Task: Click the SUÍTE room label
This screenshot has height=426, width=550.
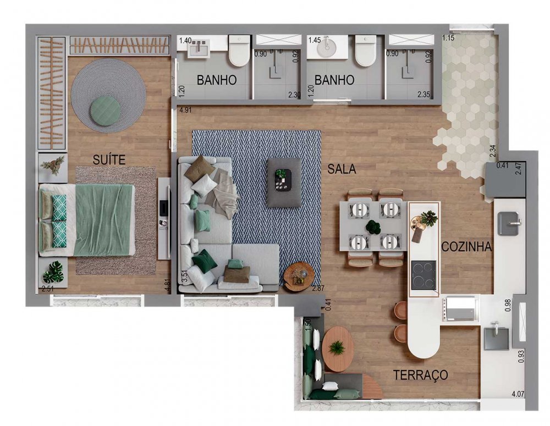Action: pyautogui.click(x=109, y=159)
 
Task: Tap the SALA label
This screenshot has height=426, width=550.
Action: pyautogui.click(x=342, y=169)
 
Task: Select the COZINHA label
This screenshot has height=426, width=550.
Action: pyautogui.click(x=466, y=246)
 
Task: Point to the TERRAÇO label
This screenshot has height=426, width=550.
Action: pyautogui.click(x=420, y=375)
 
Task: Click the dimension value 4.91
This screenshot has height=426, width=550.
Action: pyautogui.click(x=186, y=110)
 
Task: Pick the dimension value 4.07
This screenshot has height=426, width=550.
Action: pyautogui.click(x=518, y=394)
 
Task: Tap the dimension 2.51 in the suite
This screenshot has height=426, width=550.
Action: pyautogui.click(x=48, y=289)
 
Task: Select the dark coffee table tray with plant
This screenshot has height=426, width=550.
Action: pyautogui.click(x=283, y=180)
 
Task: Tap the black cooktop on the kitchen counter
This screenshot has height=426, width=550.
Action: pyautogui.click(x=424, y=275)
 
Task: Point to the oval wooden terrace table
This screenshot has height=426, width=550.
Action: pyautogui.click(x=338, y=348)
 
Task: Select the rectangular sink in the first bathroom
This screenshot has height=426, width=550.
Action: pyautogui.click(x=199, y=49)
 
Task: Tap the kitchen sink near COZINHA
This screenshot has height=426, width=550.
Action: pyautogui.click(x=510, y=223)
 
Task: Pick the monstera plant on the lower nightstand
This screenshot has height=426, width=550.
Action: pyautogui.click(x=53, y=272)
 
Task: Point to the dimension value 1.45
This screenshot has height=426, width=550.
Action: pyautogui.click(x=315, y=40)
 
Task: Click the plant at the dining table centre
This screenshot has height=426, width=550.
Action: pyautogui.click(x=373, y=227)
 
